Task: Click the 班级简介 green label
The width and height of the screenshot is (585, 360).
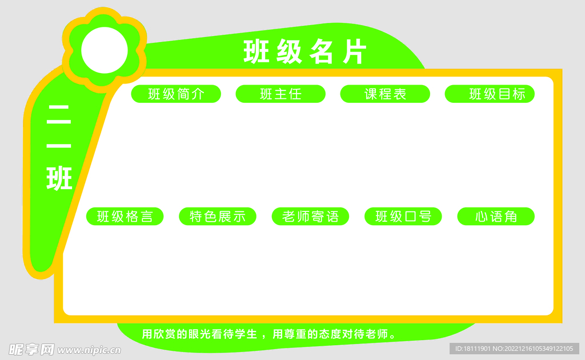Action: (x=176, y=94)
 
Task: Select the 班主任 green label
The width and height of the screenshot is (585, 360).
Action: (x=281, y=94)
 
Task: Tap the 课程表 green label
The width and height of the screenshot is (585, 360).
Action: (x=385, y=94)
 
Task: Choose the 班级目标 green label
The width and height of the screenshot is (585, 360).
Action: (x=490, y=94)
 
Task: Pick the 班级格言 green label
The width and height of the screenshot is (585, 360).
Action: (x=125, y=217)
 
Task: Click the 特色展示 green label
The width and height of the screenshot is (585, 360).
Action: (x=218, y=217)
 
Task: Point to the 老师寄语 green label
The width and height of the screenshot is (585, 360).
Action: (x=310, y=217)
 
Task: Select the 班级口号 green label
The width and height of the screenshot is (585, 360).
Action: (x=403, y=217)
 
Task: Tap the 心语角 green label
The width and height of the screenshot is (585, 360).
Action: (x=496, y=217)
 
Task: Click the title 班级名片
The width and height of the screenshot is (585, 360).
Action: (x=304, y=53)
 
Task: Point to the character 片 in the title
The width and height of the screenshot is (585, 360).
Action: (x=354, y=53)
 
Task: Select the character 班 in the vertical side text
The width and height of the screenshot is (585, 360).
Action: (x=59, y=178)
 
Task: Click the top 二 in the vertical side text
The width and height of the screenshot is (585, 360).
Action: (x=59, y=115)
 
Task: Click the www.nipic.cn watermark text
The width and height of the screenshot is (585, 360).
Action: (x=89, y=349)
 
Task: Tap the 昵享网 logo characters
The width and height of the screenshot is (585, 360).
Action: (x=31, y=349)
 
